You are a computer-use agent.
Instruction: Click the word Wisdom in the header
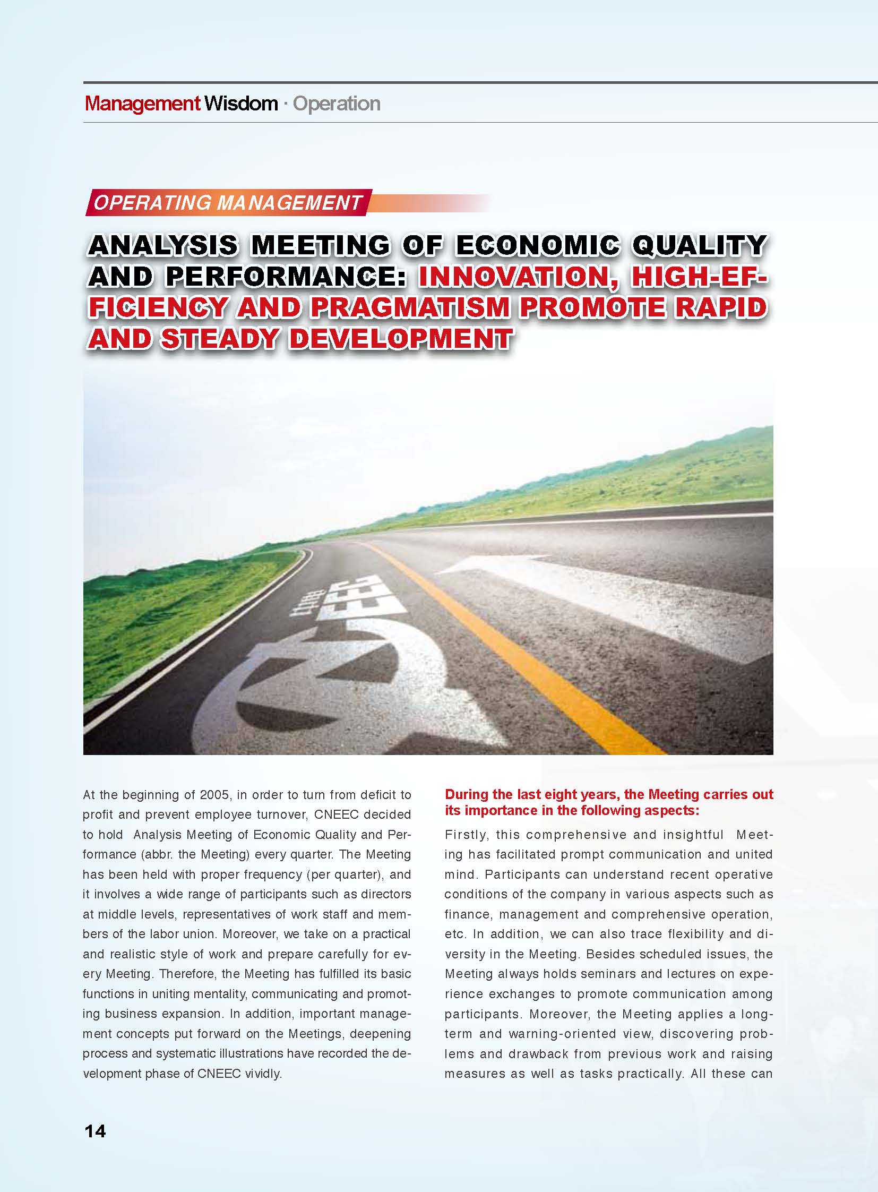(241, 104)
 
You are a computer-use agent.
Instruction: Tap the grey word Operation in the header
(337, 104)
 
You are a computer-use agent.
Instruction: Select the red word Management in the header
(142, 104)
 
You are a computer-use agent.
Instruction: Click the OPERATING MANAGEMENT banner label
(228, 203)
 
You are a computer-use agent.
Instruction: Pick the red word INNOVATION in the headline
(513, 277)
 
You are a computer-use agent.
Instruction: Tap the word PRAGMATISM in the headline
(410, 308)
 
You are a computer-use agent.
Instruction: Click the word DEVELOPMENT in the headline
(401, 339)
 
